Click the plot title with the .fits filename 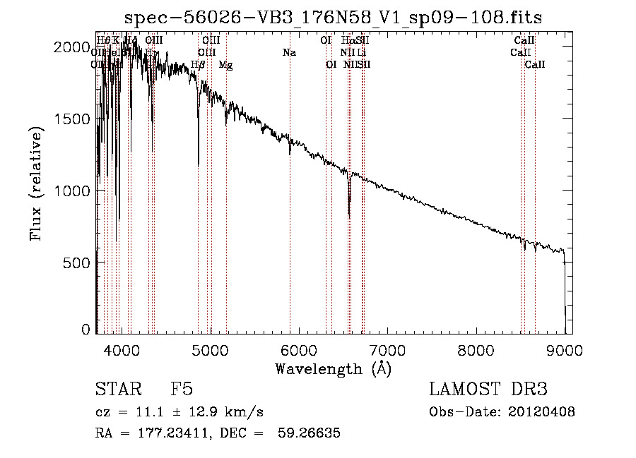333,17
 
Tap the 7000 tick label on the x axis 387,348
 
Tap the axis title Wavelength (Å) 333,368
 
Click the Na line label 289,53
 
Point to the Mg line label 225,65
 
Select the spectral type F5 182,390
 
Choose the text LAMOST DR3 488,390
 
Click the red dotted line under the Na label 290,212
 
